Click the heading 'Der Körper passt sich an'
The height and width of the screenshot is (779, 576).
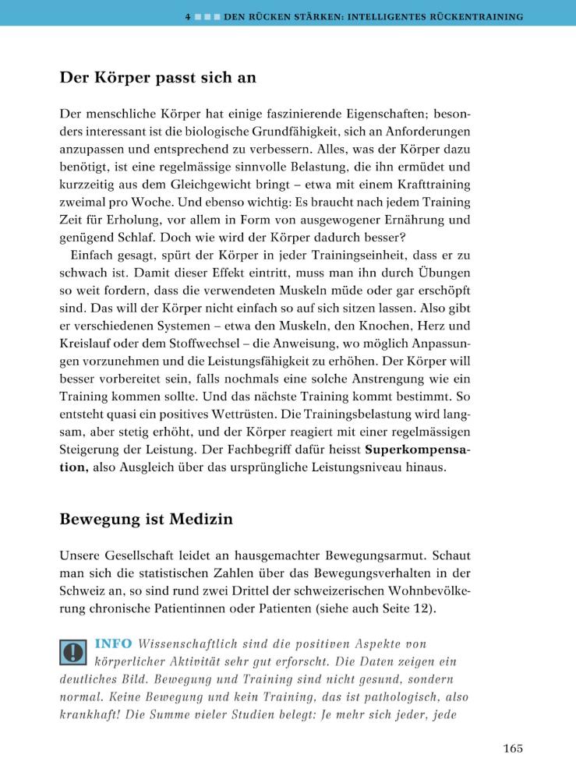click(x=158, y=79)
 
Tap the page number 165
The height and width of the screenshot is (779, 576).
click(x=512, y=749)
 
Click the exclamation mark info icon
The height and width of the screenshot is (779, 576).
click(x=73, y=651)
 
